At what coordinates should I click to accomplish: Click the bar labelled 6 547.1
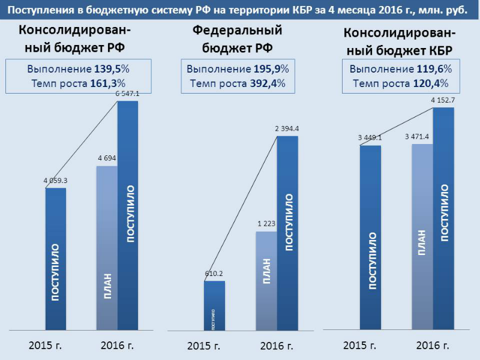(x=128, y=216)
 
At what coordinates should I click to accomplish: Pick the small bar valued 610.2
(x=214, y=305)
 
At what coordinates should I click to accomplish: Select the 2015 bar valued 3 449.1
(x=370, y=238)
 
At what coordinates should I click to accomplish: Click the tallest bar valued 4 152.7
(x=443, y=218)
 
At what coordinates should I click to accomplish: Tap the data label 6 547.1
(x=128, y=94)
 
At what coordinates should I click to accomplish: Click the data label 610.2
(x=214, y=274)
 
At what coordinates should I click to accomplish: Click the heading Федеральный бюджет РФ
(x=237, y=40)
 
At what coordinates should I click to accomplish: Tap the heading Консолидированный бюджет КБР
(x=400, y=41)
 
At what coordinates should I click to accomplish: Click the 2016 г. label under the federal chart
(x=277, y=346)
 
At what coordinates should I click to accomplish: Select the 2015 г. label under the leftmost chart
(x=46, y=346)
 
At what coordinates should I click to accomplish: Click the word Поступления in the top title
(x=41, y=11)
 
